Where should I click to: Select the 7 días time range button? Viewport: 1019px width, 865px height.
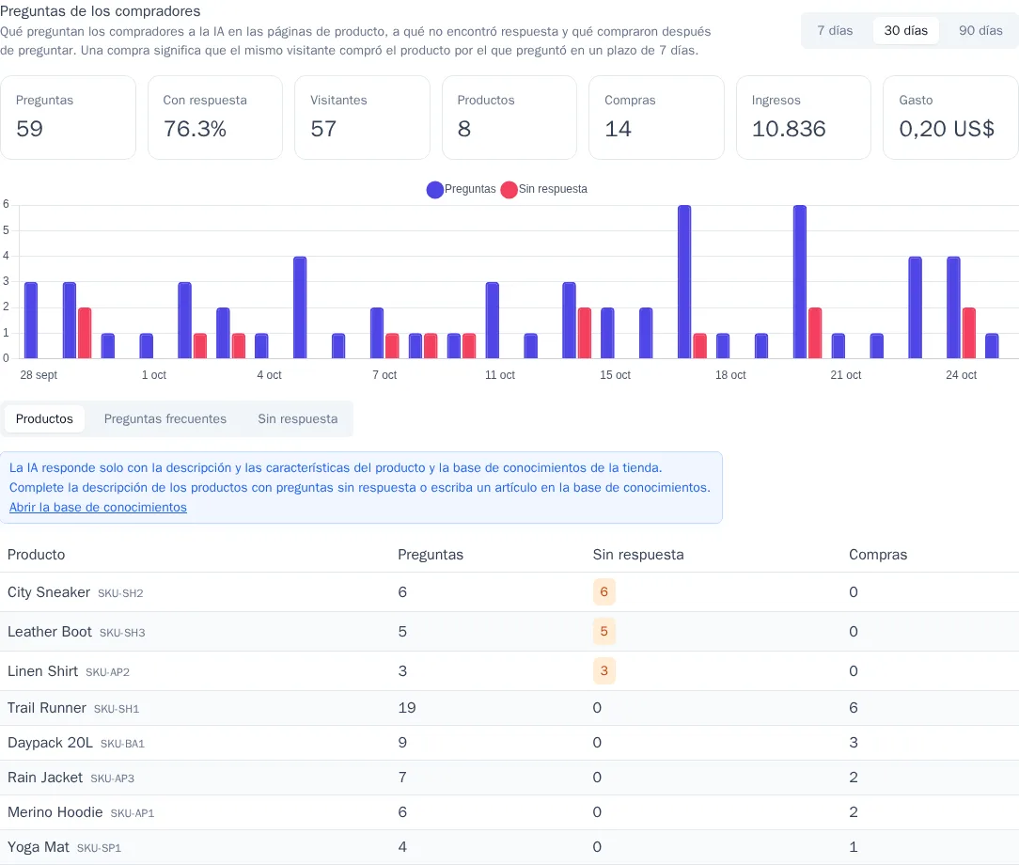click(835, 30)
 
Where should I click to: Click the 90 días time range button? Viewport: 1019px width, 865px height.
click(980, 30)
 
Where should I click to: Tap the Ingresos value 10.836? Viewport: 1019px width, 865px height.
click(789, 129)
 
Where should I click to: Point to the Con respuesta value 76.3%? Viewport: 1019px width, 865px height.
click(195, 129)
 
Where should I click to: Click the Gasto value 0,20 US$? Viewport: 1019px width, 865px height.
click(947, 129)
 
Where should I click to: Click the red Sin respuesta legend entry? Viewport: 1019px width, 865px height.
click(544, 189)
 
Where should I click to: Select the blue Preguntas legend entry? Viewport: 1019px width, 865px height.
click(462, 189)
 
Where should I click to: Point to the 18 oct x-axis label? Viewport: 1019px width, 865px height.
click(730, 375)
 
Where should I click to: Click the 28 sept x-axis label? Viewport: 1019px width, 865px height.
click(39, 375)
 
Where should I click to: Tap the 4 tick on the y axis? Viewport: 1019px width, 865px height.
click(6, 256)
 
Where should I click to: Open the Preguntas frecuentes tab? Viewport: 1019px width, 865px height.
click(165, 419)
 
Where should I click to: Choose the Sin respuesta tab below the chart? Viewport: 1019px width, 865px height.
click(298, 419)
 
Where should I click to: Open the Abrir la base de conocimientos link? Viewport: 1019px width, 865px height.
click(98, 508)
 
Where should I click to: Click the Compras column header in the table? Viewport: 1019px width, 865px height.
click(878, 555)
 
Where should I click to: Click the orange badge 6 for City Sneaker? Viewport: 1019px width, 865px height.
click(604, 592)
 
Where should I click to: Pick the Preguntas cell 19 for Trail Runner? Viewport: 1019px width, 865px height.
click(407, 708)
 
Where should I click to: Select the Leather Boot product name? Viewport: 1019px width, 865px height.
click(50, 632)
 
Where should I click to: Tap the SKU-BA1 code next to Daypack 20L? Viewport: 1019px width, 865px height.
click(122, 744)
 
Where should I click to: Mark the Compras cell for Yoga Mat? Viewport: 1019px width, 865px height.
click(854, 847)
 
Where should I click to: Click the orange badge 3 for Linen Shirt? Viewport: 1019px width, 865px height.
click(604, 670)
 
